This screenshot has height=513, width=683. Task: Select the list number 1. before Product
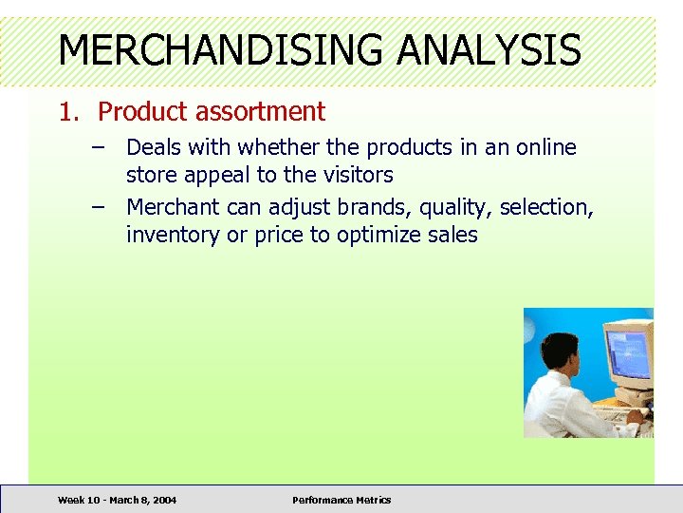[69, 112]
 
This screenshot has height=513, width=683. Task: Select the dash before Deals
[100, 148]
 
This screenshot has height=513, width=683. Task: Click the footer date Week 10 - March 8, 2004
[117, 500]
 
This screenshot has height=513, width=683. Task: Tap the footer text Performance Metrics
[341, 500]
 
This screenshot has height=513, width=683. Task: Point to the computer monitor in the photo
[627, 355]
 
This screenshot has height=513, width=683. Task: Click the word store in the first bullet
[153, 176]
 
